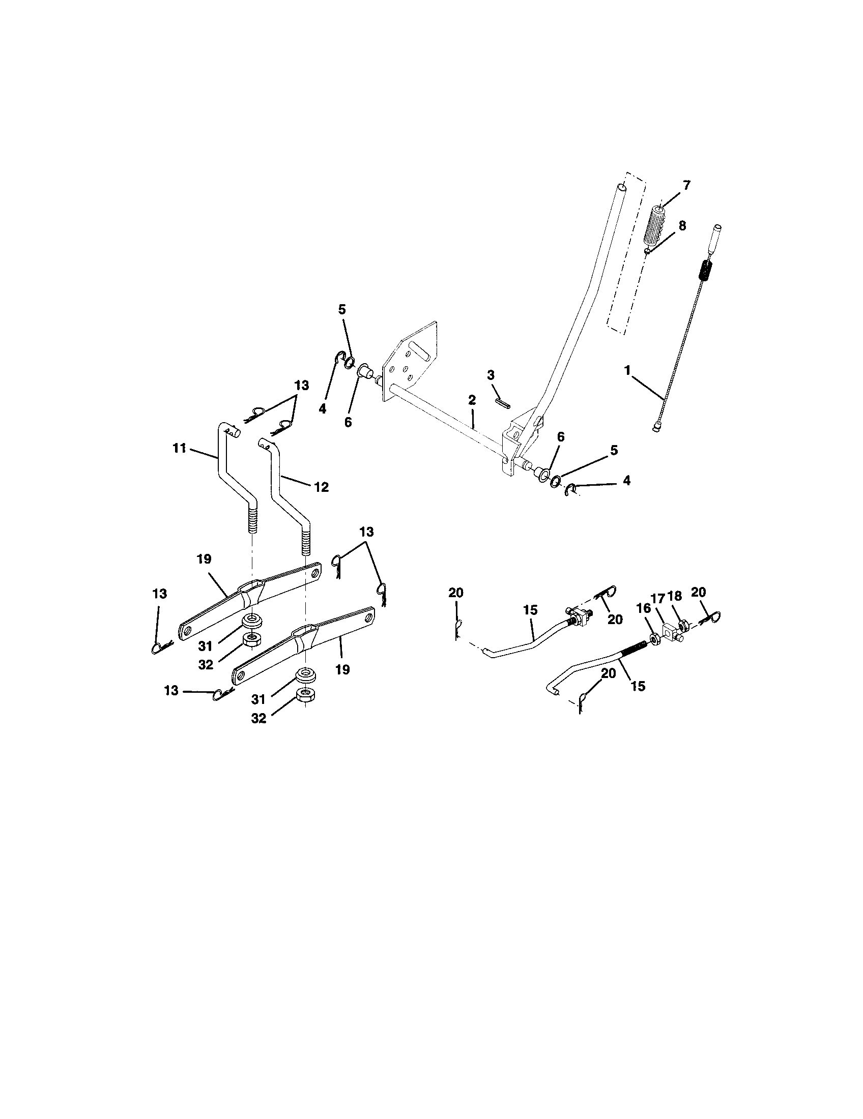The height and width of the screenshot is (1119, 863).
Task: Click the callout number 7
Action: [686, 185]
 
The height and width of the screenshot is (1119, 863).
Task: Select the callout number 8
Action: [682, 226]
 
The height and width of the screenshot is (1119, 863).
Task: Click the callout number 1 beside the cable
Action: [627, 370]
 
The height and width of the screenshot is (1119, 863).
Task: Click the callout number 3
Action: [491, 375]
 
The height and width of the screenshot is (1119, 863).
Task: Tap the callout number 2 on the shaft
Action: [472, 400]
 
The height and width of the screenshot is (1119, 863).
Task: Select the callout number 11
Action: [179, 448]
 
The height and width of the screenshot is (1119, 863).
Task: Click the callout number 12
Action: [321, 486]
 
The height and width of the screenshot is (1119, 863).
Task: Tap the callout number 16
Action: [643, 608]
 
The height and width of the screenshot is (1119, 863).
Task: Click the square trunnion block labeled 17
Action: [670, 631]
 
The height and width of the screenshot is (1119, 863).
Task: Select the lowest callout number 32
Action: [259, 718]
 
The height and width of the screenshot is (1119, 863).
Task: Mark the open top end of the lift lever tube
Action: [621, 188]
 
